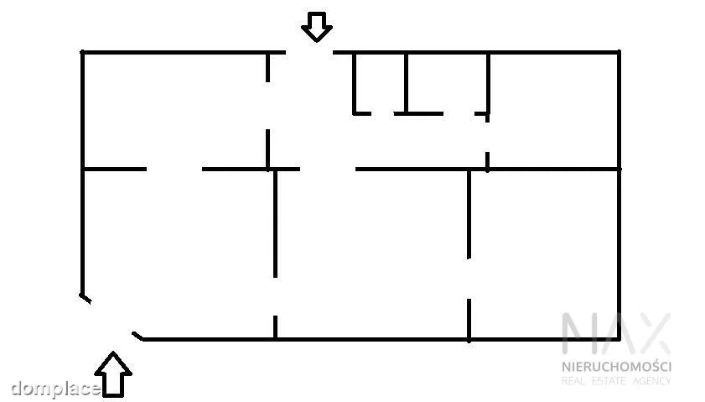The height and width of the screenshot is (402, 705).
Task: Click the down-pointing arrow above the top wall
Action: (x=317, y=27)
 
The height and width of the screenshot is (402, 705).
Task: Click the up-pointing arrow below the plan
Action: (x=113, y=375)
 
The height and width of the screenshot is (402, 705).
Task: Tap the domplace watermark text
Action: (x=55, y=389)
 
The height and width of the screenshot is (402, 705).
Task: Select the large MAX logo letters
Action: (x=616, y=333)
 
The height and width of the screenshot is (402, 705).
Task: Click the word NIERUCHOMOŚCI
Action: (x=616, y=366)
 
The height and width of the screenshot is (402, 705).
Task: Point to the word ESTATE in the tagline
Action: (x=609, y=381)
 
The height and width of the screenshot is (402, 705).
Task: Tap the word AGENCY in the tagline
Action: (x=652, y=381)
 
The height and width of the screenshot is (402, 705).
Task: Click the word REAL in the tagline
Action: (x=573, y=381)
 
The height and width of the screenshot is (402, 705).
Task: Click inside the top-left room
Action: (x=175, y=111)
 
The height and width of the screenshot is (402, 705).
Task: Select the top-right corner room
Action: (x=554, y=111)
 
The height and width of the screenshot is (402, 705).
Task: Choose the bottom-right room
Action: (x=544, y=254)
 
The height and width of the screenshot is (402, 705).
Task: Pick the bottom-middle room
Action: (x=372, y=254)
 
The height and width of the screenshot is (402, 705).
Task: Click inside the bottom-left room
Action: (x=179, y=254)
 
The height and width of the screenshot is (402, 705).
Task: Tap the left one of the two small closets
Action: (x=380, y=83)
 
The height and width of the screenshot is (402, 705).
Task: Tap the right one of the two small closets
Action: (x=447, y=83)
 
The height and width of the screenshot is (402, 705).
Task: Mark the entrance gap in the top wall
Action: (x=309, y=53)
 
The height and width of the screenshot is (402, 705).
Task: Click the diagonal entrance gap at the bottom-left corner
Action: (x=111, y=318)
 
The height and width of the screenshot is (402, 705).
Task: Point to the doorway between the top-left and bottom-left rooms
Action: (x=174, y=170)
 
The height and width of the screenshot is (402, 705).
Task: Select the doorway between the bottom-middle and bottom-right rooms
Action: (x=469, y=279)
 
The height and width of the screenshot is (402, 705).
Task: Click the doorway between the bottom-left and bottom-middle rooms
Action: (x=275, y=296)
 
